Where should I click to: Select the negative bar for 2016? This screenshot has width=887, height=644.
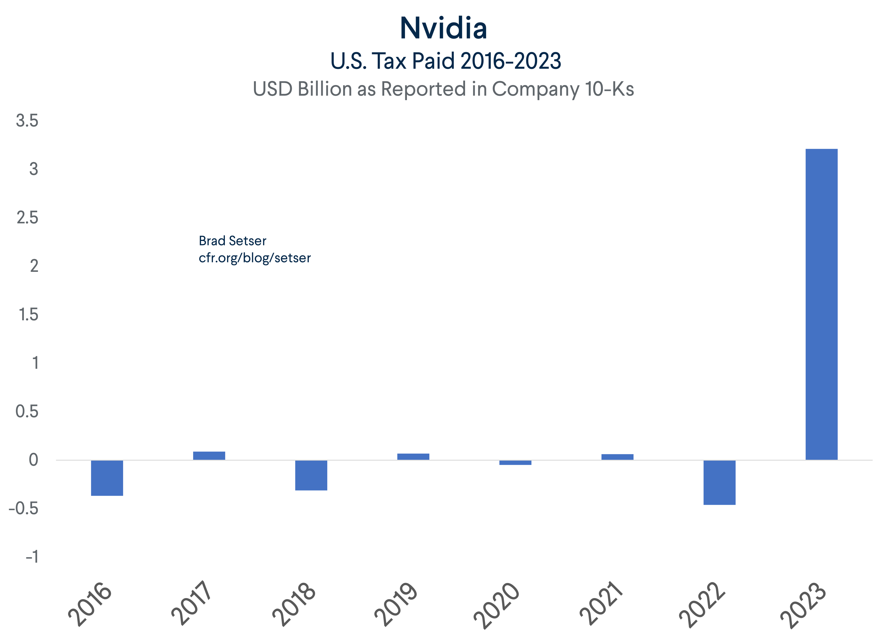[107, 478]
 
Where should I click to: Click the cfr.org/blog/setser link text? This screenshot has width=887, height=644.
[255, 258]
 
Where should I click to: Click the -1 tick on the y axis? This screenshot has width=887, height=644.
[32, 556]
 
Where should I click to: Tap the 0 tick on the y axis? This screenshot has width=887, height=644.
[34, 459]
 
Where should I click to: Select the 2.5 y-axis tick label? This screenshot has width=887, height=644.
[28, 217]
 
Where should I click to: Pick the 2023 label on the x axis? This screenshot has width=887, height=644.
[803, 605]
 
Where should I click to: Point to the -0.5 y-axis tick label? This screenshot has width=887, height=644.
[24, 508]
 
